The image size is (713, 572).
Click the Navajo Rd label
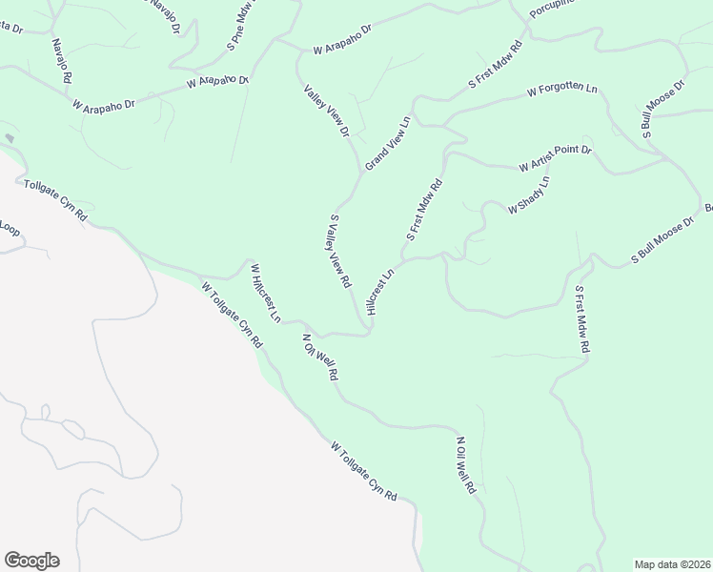click(62, 60)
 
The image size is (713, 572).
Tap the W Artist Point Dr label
click(556, 159)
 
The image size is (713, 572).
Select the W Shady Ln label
click(529, 194)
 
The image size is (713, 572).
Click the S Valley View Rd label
click(341, 252)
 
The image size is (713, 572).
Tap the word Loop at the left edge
click(10, 229)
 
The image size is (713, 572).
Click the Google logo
click(31, 561)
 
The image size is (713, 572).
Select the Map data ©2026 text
click(671, 563)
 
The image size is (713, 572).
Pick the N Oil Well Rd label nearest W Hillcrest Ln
click(320, 357)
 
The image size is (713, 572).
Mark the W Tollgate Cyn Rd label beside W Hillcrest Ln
click(232, 314)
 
